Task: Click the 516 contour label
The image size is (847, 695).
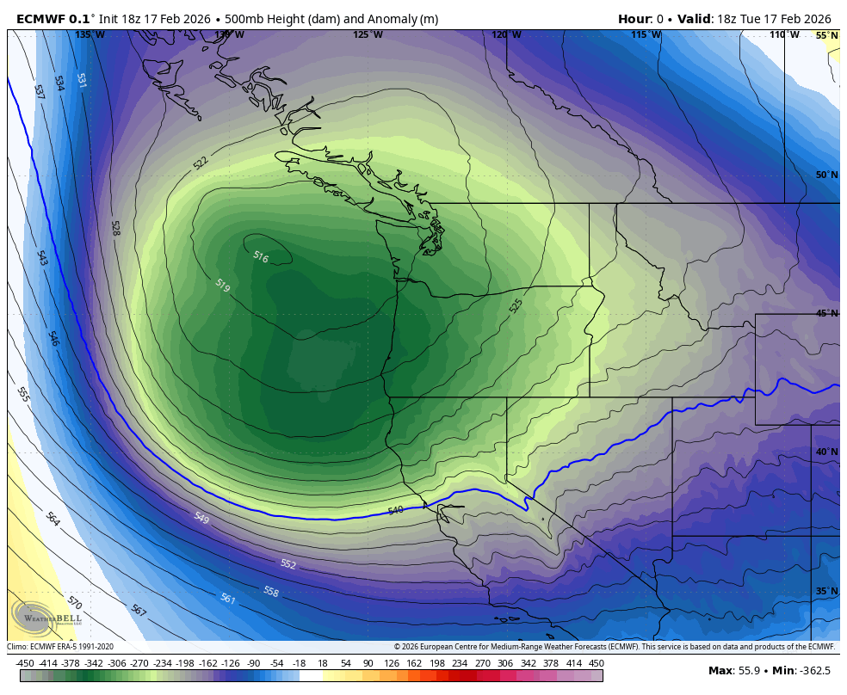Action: (261, 256)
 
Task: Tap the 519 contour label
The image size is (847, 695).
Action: (222, 286)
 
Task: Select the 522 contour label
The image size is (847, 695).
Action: (201, 163)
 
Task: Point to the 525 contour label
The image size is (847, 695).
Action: (516, 305)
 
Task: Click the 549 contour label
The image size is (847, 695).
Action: (201, 518)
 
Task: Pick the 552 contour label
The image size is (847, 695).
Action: (288, 564)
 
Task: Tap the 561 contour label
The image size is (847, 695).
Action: (228, 599)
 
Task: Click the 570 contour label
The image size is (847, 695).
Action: (75, 602)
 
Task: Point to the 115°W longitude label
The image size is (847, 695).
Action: (646, 35)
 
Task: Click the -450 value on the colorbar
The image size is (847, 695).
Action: (25, 663)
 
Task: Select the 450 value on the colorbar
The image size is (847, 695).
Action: (597, 663)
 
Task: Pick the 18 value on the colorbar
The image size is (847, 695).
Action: (322, 663)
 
